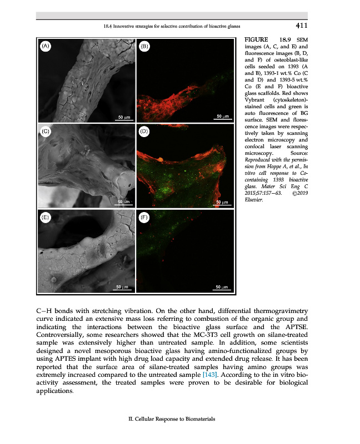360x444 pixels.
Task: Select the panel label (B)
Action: [x=144, y=47]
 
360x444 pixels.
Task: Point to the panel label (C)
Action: [x=46, y=131]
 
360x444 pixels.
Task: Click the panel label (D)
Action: [x=144, y=132]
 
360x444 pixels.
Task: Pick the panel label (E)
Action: [x=46, y=218]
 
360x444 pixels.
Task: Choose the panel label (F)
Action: [x=144, y=218]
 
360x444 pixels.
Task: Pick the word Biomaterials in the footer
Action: [x=197, y=419]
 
